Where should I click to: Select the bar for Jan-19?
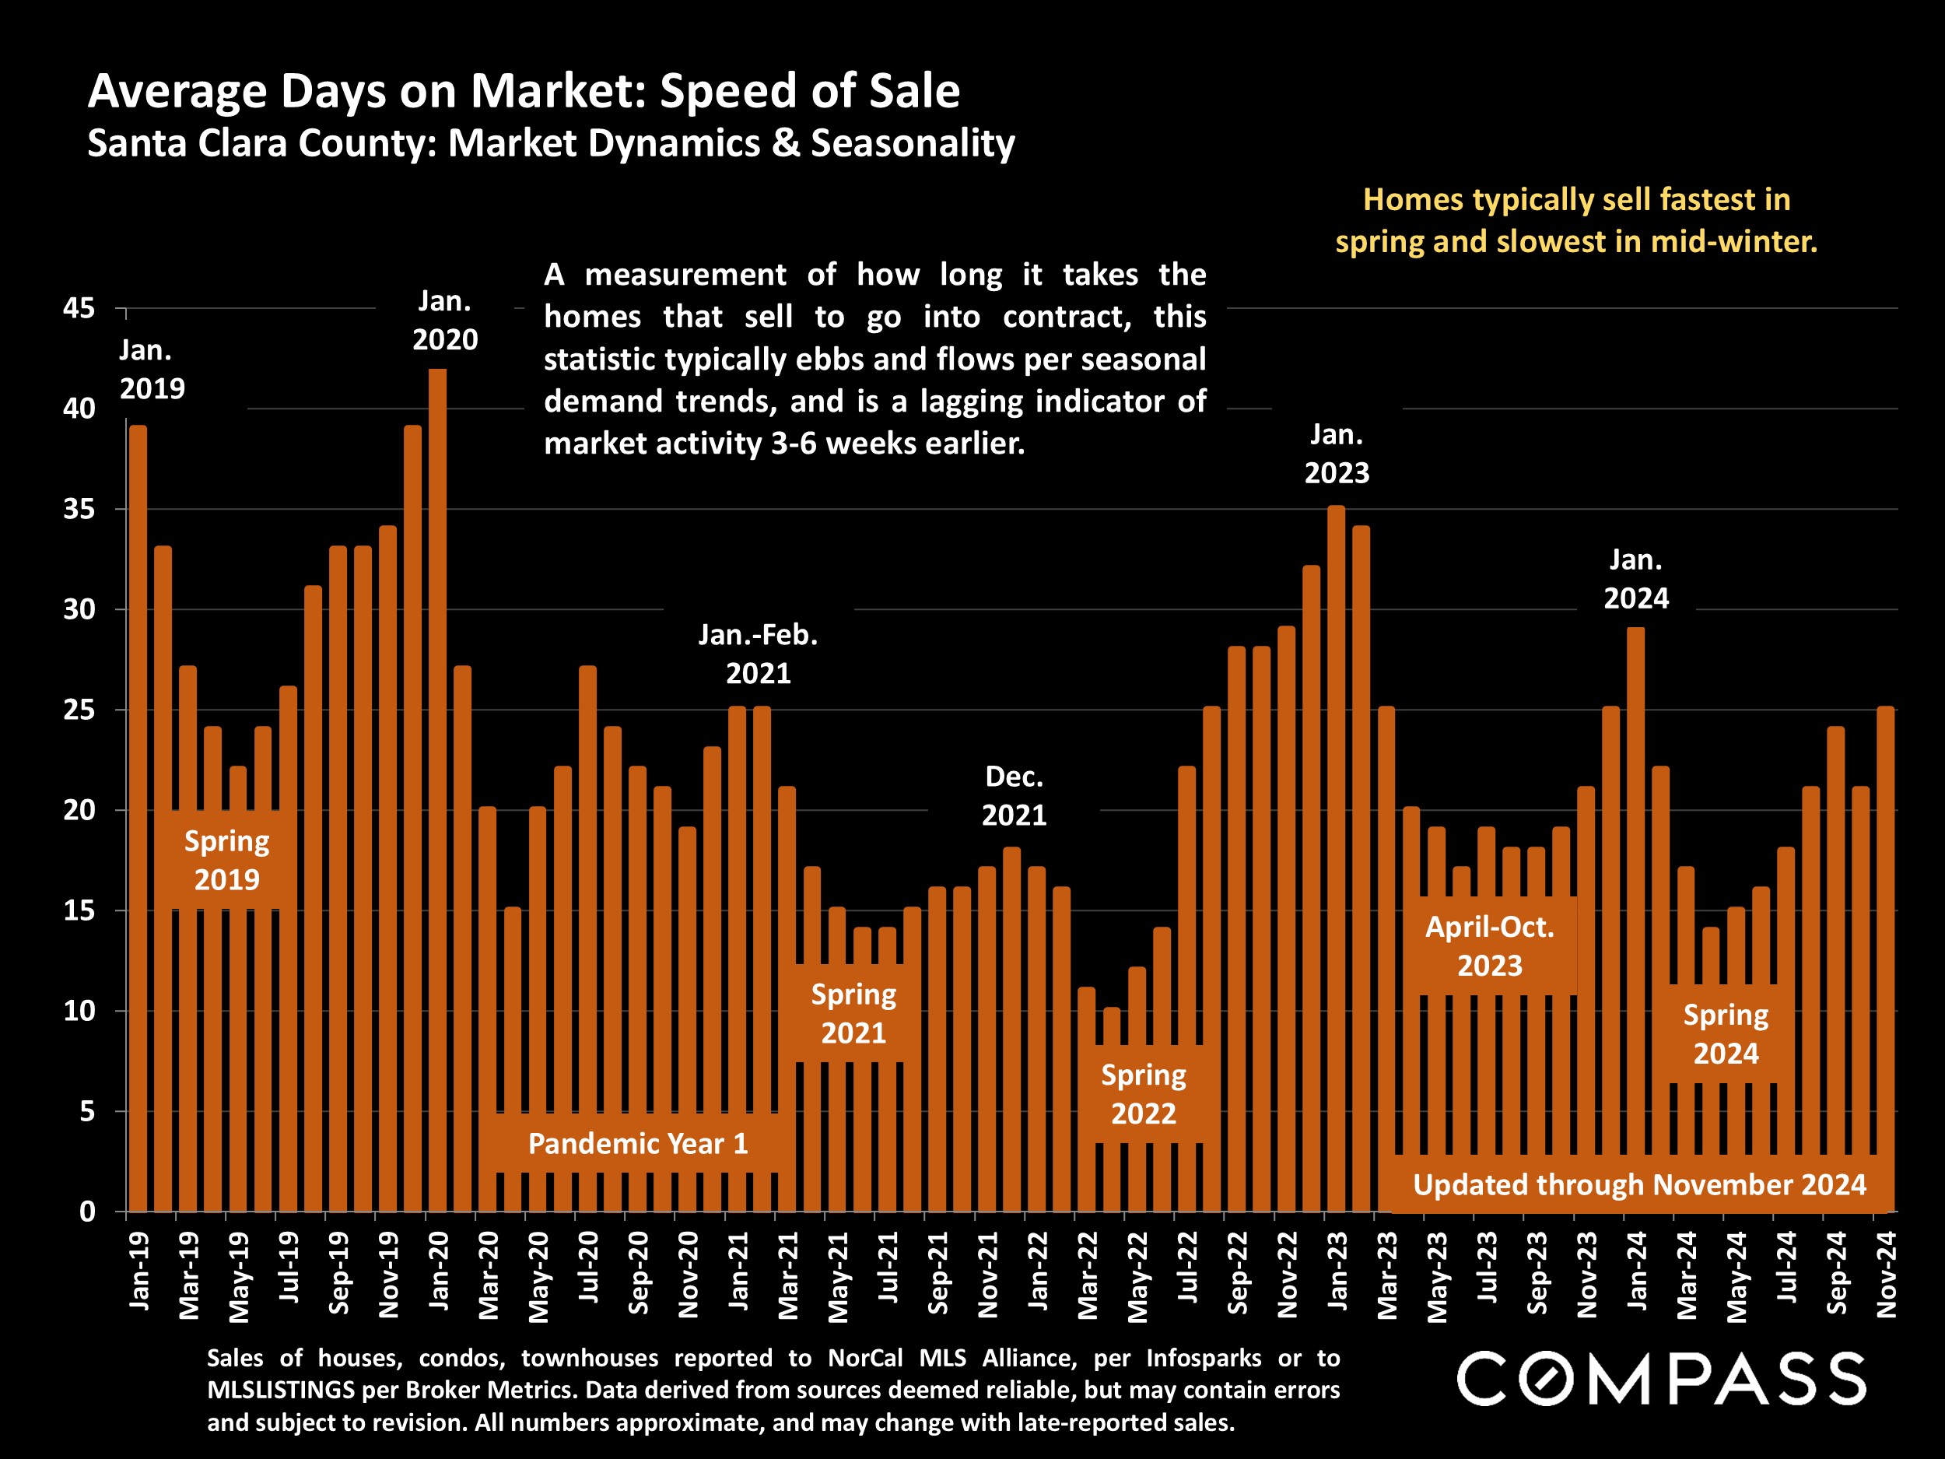tap(138, 818)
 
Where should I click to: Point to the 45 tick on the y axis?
tap(79, 309)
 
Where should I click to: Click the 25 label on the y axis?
tap(79, 710)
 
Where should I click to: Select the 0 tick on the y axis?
tap(87, 1212)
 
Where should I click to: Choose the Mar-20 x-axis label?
tap(488, 1275)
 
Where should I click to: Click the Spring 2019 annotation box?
tap(227, 860)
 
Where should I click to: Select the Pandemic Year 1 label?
tap(637, 1143)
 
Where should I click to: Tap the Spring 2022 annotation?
tap(1143, 1094)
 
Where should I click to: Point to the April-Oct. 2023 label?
tap(1490, 946)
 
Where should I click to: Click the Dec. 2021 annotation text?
tap(1014, 796)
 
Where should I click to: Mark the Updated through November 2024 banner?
tap(1639, 1184)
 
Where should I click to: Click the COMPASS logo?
tap(1661, 1379)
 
